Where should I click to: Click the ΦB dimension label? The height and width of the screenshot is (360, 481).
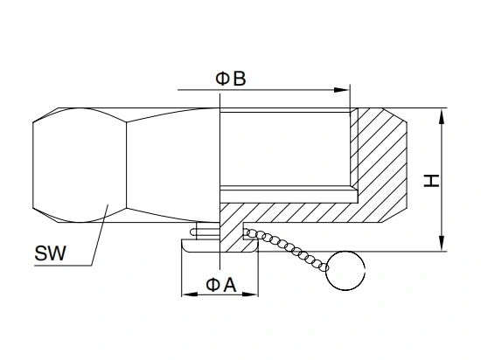(231, 79)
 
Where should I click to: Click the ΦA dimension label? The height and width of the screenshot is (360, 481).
(221, 285)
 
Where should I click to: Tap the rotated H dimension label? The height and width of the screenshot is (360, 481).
(431, 181)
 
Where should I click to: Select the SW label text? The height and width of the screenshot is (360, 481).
(50, 253)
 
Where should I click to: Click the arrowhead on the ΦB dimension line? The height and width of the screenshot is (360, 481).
(342, 90)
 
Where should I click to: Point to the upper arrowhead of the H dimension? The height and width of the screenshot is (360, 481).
(442, 116)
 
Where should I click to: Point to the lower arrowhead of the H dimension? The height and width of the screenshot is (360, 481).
(442, 243)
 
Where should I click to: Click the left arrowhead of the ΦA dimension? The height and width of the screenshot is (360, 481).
(190, 294)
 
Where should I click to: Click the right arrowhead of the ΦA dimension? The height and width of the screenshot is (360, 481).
(250, 294)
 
